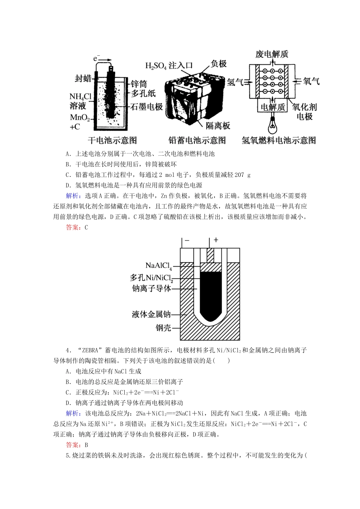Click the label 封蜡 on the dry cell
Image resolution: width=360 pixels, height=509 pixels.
(x=83, y=78)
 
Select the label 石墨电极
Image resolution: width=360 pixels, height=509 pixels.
(x=147, y=107)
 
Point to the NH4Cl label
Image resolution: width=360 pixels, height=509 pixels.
(x=80, y=97)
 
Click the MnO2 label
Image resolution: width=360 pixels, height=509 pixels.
(x=80, y=117)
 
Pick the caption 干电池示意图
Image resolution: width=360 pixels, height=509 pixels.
(x=112, y=141)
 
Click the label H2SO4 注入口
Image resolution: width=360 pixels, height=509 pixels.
(x=169, y=66)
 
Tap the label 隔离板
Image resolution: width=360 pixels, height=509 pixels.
(x=218, y=126)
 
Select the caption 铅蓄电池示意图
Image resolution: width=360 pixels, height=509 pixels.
(x=197, y=141)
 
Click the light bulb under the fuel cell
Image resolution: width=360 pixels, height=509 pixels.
(x=272, y=123)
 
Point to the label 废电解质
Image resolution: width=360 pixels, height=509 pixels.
(x=272, y=54)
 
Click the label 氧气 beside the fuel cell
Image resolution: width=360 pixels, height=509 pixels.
(x=311, y=81)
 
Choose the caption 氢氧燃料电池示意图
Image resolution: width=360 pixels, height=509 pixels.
(x=279, y=141)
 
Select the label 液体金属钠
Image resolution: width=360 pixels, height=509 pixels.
(x=151, y=314)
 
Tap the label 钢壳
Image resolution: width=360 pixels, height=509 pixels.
(x=163, y=328)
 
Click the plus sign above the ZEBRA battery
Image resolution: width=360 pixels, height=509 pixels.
(x=216, y=240)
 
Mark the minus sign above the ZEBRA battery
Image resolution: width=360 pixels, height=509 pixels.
(x=187, y=240)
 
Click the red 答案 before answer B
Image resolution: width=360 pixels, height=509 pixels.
(x=73, y=445)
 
